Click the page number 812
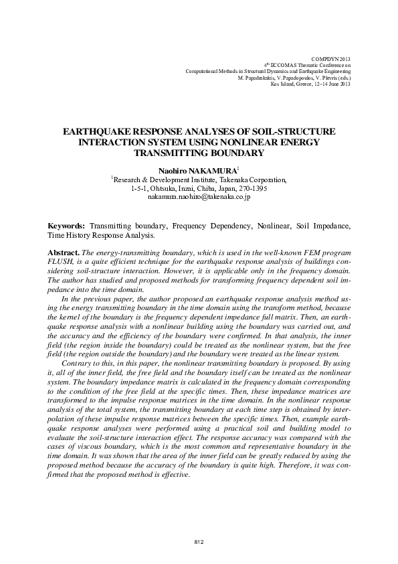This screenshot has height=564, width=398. pyautogui.click(x=199, y=541)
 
